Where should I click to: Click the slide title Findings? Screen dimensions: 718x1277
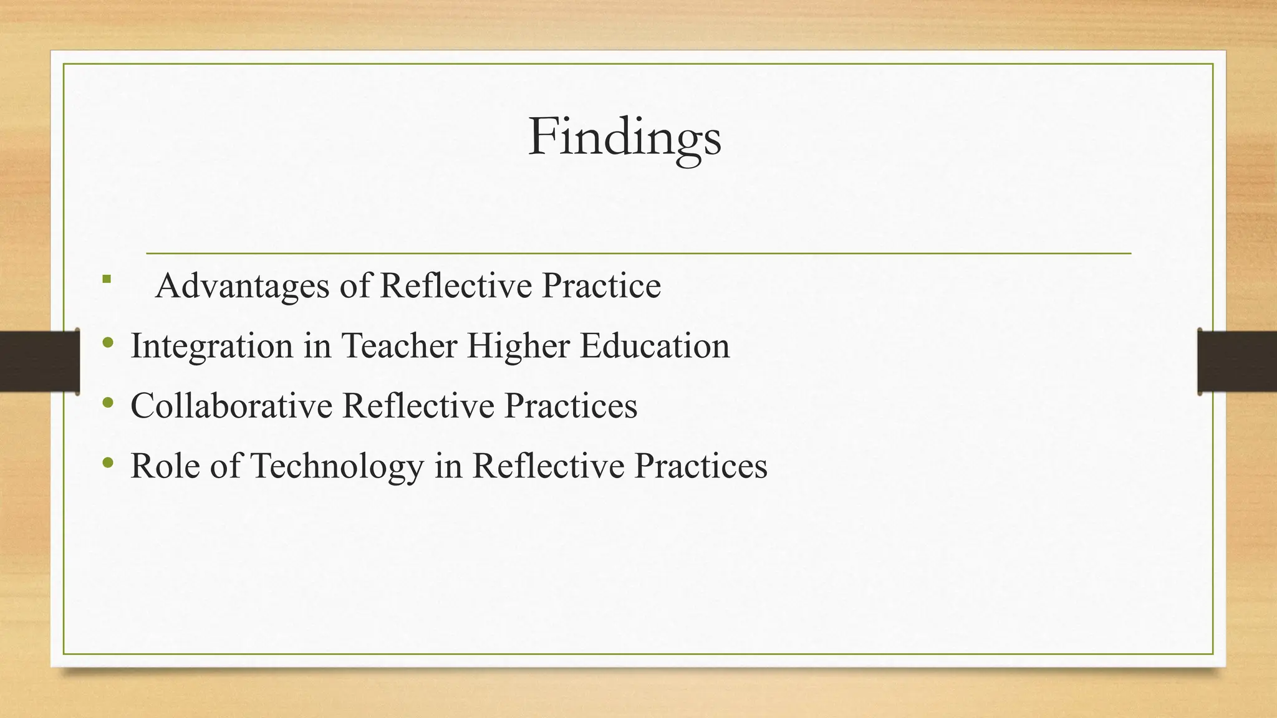[625, 138]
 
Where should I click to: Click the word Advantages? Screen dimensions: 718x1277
[242, 287]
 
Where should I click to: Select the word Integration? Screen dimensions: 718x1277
[211, 347]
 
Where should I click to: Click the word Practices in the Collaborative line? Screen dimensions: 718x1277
[571, 406]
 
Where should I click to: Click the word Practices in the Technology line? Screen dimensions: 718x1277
[701, 466]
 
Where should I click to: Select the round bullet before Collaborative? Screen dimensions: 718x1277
[108, 403]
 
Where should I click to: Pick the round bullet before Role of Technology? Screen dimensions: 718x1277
[108, 462]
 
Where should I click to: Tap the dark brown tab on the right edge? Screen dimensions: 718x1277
[1237, 361]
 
